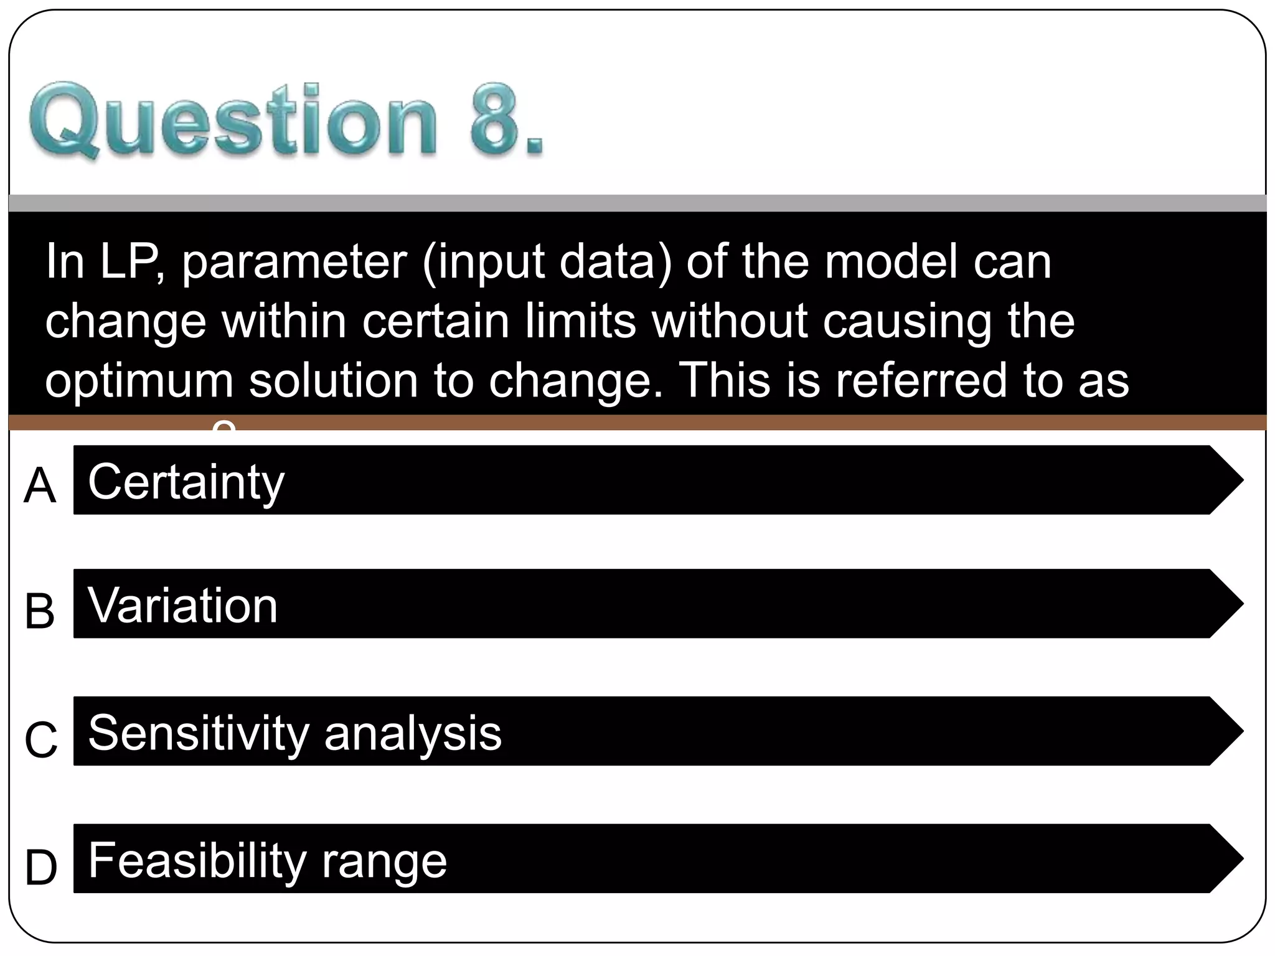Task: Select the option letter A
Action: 40,486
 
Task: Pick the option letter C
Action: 41,740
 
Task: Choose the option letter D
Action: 41,868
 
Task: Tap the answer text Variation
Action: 182,606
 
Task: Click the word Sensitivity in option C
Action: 199,733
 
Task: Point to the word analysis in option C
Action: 413,733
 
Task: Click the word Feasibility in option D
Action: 197,860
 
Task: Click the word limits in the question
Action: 580,321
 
